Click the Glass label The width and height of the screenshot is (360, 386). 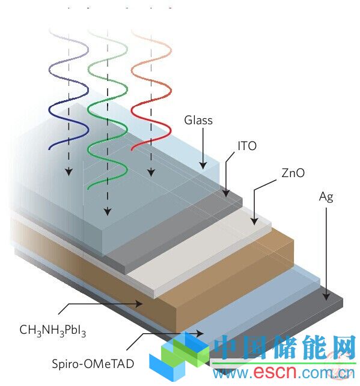pyautogui.click(x=198, y=121)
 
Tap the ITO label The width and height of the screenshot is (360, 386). pyautogui.click(x=247, y=146)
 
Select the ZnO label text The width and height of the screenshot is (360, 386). pyautogui.click(x=293, y=173)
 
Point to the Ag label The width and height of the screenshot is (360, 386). pyautogui.click(x=326, y=197)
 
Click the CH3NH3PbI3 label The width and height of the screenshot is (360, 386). pyautogui.click(x=53, y=330)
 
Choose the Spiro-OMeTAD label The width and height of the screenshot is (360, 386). pyautogui.click(x=93, y=364)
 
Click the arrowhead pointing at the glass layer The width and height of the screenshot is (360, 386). pyautogui.click(x=203, y=166)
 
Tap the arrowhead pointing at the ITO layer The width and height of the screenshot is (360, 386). pyautogui.click(x=226, y=193)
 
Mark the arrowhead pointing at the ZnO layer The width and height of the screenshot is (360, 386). pyautogui.click(x=254, y=221)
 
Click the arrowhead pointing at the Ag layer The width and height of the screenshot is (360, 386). pyautogui.click(x=326, y=297)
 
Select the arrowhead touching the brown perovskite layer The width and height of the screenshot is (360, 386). pyautogui.click(x=139, y=304)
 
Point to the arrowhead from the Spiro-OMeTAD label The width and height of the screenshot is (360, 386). pyautogui.click(x=200, y=334)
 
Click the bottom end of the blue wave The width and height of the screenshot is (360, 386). pyautogui.click(x=49, y=149)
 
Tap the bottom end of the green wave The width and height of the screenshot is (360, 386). pyautogui.click(x=88, y=188)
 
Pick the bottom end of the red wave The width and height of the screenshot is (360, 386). pyautogui.click(x=132, y=149)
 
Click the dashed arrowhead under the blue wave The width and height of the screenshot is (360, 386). pyautogui.click(x=69, y=172)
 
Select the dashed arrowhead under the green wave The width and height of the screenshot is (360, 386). pyautogui.click(x=108, y=212)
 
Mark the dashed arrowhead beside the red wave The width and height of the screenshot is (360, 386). pyautogui.click(x=151, y=172)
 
